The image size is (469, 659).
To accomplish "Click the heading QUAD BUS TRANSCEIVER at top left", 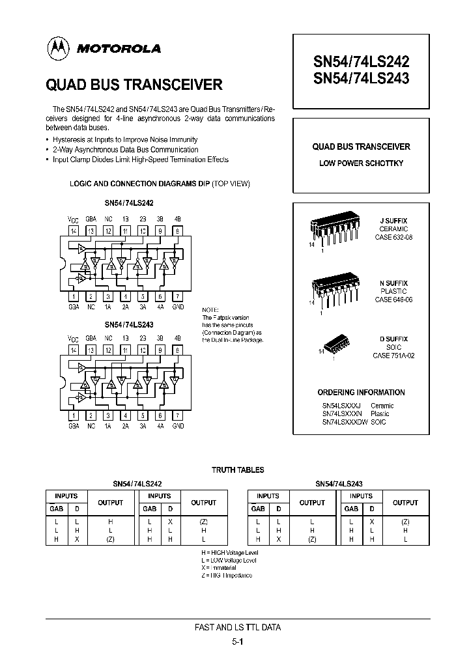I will coord(134,85).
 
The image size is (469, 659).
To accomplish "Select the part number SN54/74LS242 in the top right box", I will coord(362,62).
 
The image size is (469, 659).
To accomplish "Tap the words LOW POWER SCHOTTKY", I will coord(361,163).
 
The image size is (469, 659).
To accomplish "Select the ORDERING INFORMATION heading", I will coord(361,393).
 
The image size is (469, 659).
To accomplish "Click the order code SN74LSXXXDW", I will coord(345,423).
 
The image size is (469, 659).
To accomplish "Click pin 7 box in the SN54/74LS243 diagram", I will coord(178,415).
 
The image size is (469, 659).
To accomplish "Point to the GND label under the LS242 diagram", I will coord(178,307).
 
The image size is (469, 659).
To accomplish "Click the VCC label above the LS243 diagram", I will coord(74,339).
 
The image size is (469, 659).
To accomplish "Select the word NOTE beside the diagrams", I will coord(211,309).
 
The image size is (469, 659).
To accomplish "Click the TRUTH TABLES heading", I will coord(238,470).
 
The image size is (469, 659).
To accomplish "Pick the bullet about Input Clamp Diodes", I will coord(140,160).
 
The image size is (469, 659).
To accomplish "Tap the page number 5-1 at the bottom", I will coord(238,641).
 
